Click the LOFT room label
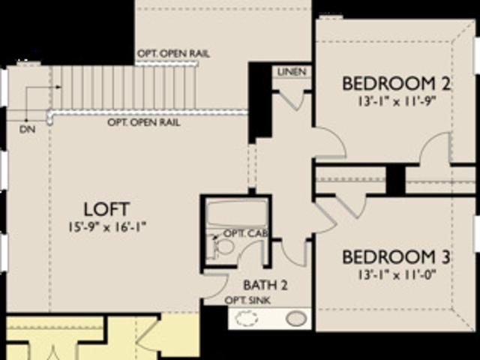106,209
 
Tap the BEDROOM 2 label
396,83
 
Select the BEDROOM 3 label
396,256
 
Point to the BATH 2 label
265,285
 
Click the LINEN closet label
292,72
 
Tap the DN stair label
27,130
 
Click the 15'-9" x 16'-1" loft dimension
107,227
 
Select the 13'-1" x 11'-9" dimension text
397,101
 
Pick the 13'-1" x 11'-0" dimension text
397,274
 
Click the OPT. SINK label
247,300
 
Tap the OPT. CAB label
246,233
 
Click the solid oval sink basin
296,319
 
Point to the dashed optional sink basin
247,319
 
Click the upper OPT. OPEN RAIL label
173,54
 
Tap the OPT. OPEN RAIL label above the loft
143,122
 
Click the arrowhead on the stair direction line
58,87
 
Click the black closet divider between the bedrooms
395,180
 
